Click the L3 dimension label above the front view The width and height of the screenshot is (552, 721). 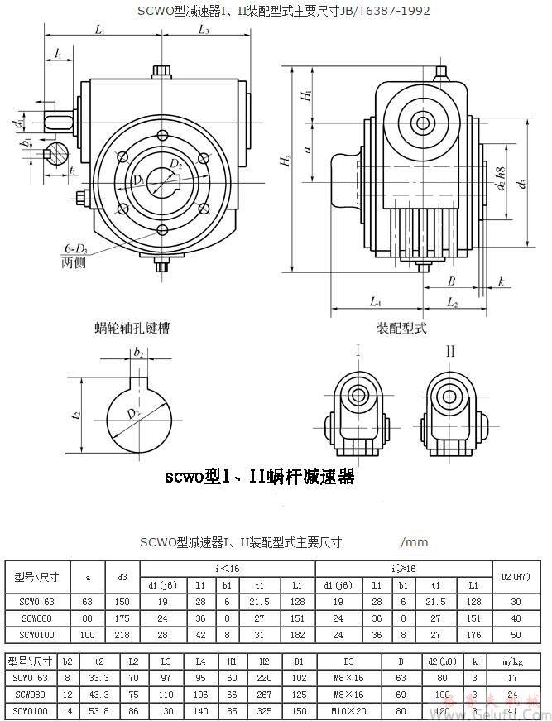[204, 31]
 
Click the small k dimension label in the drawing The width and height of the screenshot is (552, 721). [502, 282]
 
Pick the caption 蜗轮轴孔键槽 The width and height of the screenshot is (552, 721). [132, 328]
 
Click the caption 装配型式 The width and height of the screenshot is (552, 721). [401, 328]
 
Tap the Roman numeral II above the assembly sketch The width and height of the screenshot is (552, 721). [450, 352]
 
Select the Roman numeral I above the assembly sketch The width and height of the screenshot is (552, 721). [358, 352]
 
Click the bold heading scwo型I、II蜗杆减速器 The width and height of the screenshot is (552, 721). [260, 477]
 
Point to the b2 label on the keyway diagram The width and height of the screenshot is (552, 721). [138, 353]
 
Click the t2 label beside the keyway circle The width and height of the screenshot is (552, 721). [76, 416]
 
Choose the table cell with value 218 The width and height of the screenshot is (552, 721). [122, 635]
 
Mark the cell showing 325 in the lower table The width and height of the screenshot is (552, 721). [264, 711]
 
